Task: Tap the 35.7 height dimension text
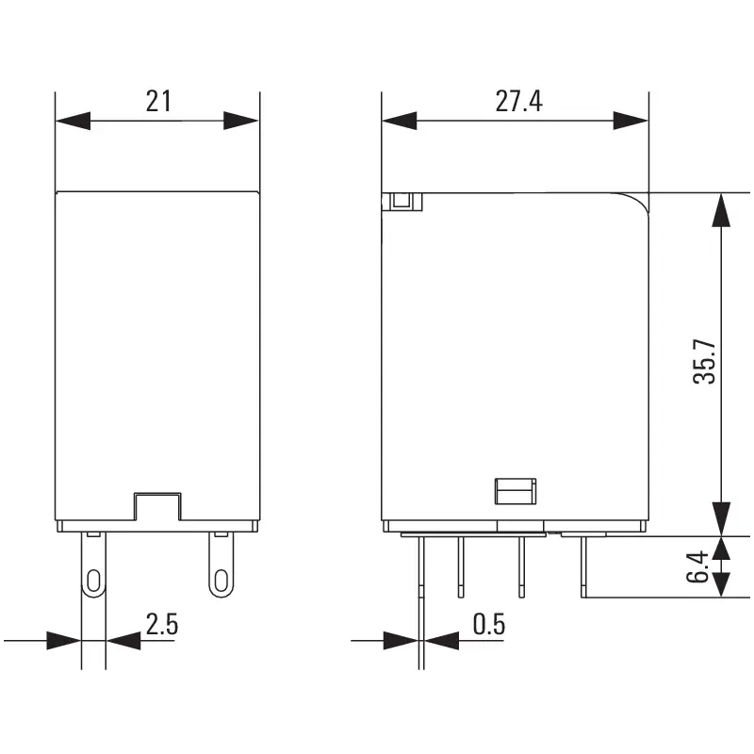(705, 362)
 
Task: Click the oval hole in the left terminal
(93, 580)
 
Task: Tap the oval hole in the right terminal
(220, 580)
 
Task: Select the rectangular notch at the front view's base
(156, 507)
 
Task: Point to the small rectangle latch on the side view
(515, 490)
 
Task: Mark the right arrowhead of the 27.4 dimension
(631, 121)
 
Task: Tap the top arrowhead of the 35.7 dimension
(720, 210)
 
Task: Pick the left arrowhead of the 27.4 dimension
(399, 121)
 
